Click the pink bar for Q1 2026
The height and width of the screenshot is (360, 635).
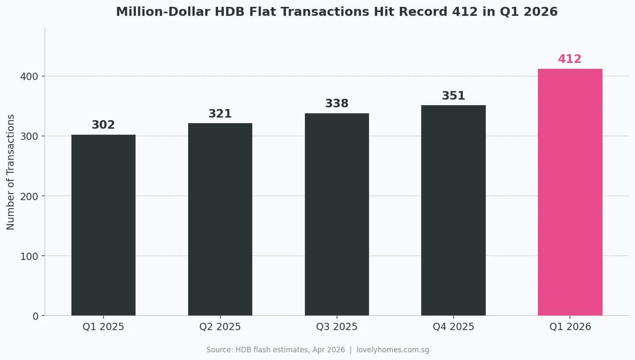tap(570, 192)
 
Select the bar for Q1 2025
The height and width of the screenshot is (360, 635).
tap(103, 225)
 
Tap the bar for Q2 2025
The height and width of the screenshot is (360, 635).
tap(220, 219)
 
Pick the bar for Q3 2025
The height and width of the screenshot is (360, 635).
tap(337, 215)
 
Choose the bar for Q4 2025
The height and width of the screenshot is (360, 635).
tap(453, 210)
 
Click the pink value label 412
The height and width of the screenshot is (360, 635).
tap(570, 59)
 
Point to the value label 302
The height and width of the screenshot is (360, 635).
tap(103, 125)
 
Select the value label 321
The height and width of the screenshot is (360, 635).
tap(220, 114)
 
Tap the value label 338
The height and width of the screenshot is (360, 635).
tap(337, 103)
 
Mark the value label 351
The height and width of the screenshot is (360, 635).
tap(453, 96)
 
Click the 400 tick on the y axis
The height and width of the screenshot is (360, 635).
tap(29, 77)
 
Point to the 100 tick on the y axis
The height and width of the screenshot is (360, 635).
tap(29, 256)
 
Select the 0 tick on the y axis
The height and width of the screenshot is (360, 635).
tap(35, 316)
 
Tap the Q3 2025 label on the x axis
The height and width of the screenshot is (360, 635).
tap(337, 327)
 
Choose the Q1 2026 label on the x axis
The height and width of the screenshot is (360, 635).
tap(570, 327)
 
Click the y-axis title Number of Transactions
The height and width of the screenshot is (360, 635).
tap(11, 172)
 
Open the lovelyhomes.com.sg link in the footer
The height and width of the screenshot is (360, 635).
tap(393, 350)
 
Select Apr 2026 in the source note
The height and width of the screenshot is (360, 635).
tap(328, 350)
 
